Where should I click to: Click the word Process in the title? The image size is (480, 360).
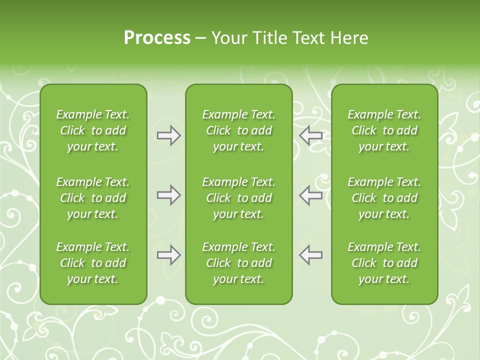click(157, 38)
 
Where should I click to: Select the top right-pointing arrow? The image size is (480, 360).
click(169, 135)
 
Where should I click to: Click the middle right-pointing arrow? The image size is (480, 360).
click(169, 195)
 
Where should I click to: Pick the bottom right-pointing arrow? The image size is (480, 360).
click(169, 255)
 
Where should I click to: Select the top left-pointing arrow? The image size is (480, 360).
click(311, 135)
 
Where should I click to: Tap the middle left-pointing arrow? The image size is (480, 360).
click(311, 195)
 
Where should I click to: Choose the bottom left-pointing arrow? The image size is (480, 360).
click(311, 255)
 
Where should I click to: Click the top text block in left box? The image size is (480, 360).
click(93, 130)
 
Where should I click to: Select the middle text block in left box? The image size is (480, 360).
click(93, 198)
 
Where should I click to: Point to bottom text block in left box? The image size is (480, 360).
click(93, 263)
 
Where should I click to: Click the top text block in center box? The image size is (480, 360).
click(239, 130)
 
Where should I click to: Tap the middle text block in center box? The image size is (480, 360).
click(239, 198)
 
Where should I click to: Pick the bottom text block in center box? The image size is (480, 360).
click(239, 263)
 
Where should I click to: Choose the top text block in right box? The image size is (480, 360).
click(384, 130)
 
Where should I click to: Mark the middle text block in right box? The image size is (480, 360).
click(384, 198)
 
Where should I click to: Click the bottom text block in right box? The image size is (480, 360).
click(384, 263)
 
